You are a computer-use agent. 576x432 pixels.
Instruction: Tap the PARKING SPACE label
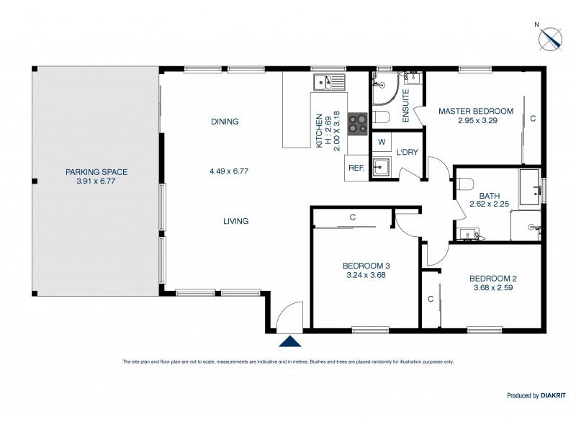[x=96, y=171]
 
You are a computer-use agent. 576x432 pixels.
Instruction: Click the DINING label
[x=225, y=122]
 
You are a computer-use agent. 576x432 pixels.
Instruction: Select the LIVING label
[x=235, y=221]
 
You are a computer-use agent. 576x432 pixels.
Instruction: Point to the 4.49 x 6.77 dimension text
[x=229, y=171]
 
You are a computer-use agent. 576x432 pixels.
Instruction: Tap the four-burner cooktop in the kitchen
[x=357, y=124]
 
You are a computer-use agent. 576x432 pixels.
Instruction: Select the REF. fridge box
[x=356, y=167]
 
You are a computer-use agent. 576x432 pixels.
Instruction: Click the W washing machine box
[x=382, y=142]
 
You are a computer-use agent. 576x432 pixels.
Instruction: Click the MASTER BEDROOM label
[x=476, y=111]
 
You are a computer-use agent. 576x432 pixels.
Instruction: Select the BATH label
[x=489, y=195]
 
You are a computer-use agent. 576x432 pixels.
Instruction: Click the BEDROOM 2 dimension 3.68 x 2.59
[x=493, y=288]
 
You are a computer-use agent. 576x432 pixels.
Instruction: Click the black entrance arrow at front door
[x=289, y=342]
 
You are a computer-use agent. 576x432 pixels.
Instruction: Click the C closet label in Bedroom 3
[x=353, y=217]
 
